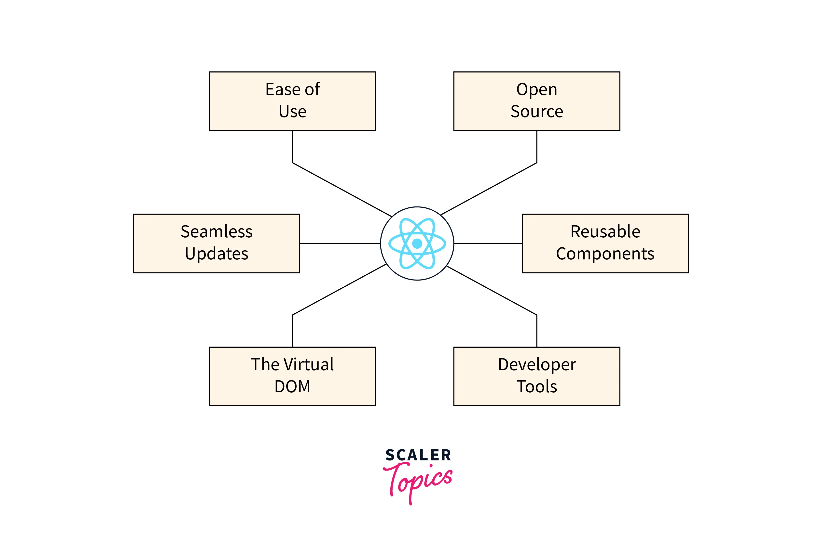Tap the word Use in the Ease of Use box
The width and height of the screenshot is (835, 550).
292,112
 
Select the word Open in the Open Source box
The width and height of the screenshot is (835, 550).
536,90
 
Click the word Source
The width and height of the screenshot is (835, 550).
536,112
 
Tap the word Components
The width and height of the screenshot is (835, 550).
605,254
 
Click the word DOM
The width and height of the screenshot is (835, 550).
292,386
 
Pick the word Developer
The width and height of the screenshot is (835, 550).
536,365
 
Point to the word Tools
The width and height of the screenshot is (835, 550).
536,386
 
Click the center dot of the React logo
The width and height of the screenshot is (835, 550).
417,243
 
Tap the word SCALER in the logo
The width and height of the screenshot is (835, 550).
418,455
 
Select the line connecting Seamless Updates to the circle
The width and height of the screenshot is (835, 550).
340,243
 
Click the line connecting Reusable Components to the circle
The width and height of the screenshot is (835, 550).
488,243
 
